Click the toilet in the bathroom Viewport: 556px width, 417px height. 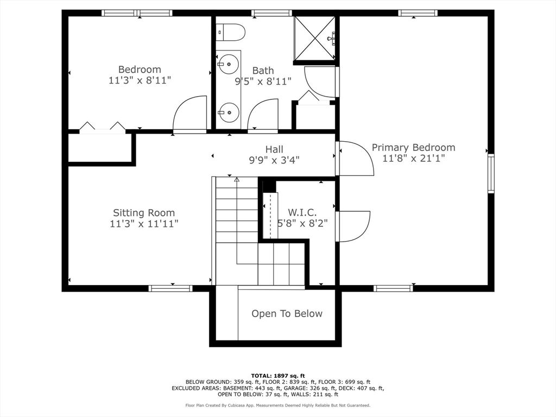230,33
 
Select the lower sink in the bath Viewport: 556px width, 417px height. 229,113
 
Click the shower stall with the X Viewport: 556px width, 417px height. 314,38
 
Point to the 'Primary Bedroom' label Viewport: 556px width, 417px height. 413,147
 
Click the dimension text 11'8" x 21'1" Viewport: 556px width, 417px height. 413,159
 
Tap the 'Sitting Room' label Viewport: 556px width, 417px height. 144,213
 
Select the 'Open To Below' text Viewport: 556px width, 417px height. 287,314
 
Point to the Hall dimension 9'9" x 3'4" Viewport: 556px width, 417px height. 274,160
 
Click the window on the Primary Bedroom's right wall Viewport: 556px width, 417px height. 490,173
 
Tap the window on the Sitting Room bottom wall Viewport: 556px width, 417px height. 170,288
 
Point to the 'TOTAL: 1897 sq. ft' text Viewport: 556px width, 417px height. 278,376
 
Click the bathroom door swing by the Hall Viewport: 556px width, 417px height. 263,115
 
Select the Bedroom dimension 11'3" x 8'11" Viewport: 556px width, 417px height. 140,80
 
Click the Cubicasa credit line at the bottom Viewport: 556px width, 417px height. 278,405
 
